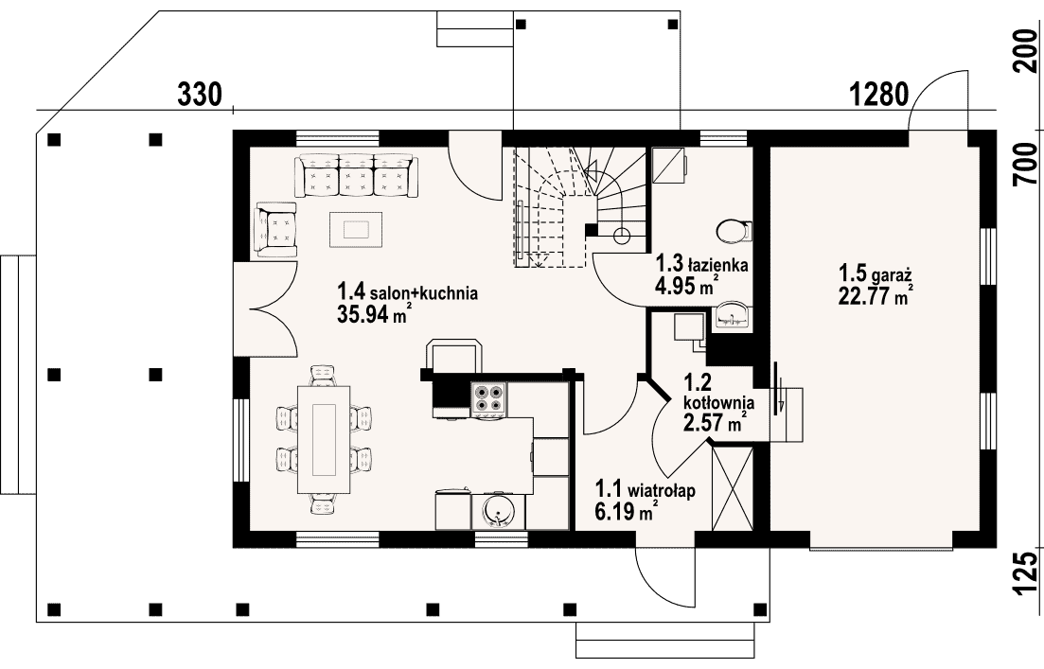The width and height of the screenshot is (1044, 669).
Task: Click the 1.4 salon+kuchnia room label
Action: coord(407,292)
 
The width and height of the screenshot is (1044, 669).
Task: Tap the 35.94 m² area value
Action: coord(374,313)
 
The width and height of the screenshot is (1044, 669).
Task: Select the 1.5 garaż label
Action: coord(875,273)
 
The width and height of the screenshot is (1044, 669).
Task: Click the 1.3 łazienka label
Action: coord(701,264)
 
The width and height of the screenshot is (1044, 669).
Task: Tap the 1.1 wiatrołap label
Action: coord(646,490)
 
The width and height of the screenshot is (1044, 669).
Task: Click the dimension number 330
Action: coord(199,95)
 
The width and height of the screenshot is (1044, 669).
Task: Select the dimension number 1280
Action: coord(879,95)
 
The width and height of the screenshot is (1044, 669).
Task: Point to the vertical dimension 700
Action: coord(1026,164)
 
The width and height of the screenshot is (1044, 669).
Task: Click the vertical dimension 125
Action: coord(1026,572)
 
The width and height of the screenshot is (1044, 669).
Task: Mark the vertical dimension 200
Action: coord(1026,50)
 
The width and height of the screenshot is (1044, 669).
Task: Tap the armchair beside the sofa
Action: coord(275,230)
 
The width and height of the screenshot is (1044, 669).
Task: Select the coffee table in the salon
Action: coord(357,229)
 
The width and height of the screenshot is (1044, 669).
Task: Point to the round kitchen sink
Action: coord(497,511)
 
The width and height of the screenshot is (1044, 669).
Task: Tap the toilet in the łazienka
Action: coord(734,231)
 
